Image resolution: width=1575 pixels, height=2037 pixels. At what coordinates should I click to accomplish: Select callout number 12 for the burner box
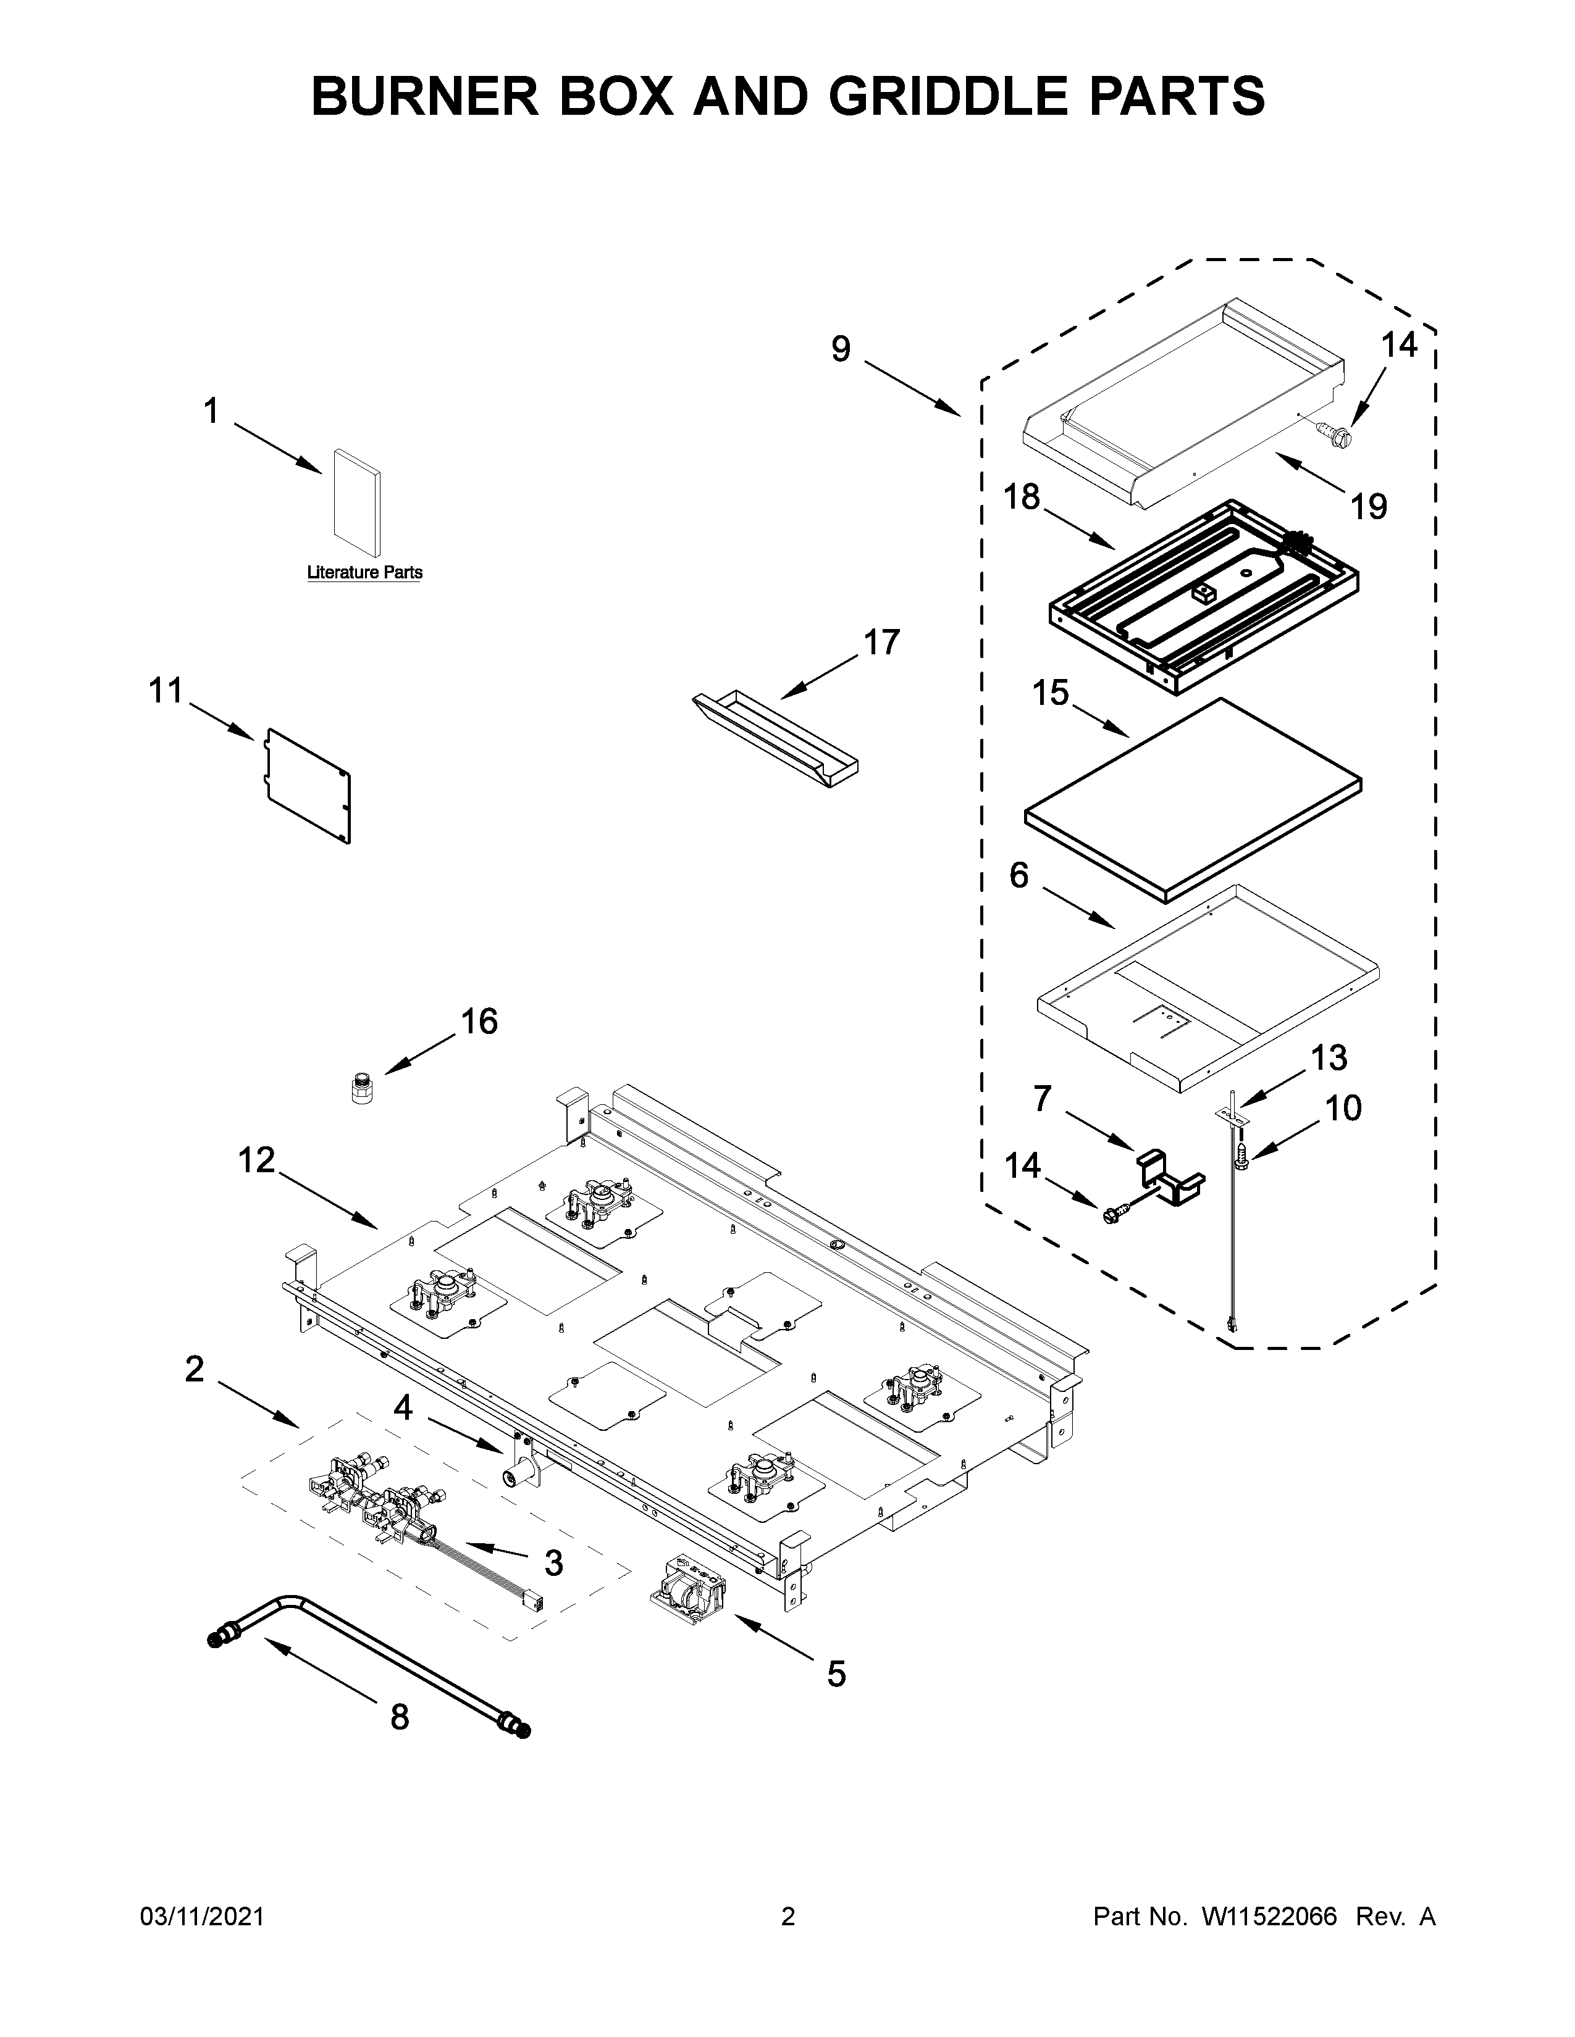[x=256, y=1160]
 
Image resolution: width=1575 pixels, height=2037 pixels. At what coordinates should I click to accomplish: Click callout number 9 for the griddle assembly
[x=841, y=350]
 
